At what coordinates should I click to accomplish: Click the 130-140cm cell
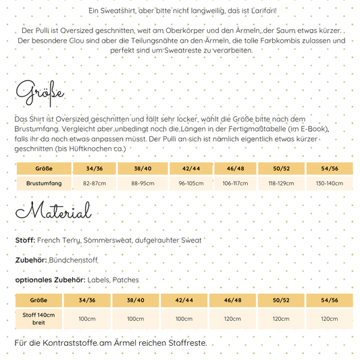point(329,183)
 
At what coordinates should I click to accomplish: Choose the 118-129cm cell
point(282,183)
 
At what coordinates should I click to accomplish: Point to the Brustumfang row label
point(44,183)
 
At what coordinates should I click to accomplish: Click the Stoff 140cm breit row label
point(39,318)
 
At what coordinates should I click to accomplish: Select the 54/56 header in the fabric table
point(329,300)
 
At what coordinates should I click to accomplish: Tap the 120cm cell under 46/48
point(233,318)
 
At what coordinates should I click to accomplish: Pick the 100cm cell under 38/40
point(135,318)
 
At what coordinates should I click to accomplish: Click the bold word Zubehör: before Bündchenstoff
point(30,259)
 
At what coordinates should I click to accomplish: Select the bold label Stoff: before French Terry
point(25,240)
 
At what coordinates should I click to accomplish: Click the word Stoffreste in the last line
point(182,343)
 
